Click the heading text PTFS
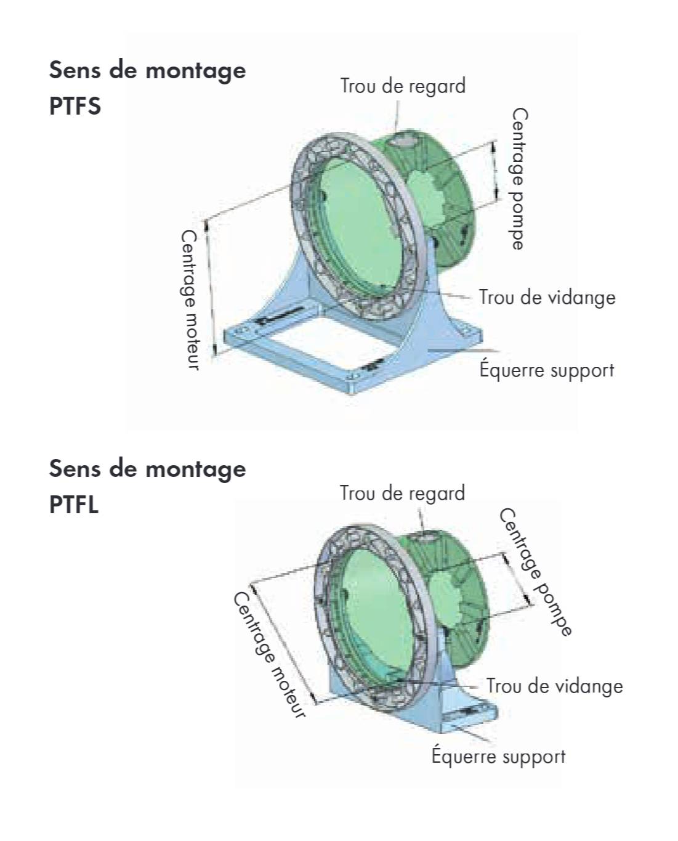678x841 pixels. [75, 106]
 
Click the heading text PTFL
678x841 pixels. [74, 505]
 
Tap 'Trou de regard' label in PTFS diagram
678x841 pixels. [403, 86]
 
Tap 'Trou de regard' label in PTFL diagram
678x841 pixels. [403, 493]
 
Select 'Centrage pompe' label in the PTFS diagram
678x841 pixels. [519, 179]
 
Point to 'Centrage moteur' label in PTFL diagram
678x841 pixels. [269, 655]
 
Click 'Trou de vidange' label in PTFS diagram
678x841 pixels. [547, 297]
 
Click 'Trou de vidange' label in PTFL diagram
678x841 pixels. [554, 686]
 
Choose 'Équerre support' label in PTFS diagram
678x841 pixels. [547, 370]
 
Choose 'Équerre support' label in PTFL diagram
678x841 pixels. [498, 755]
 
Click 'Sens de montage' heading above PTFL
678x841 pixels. [147, 468]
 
